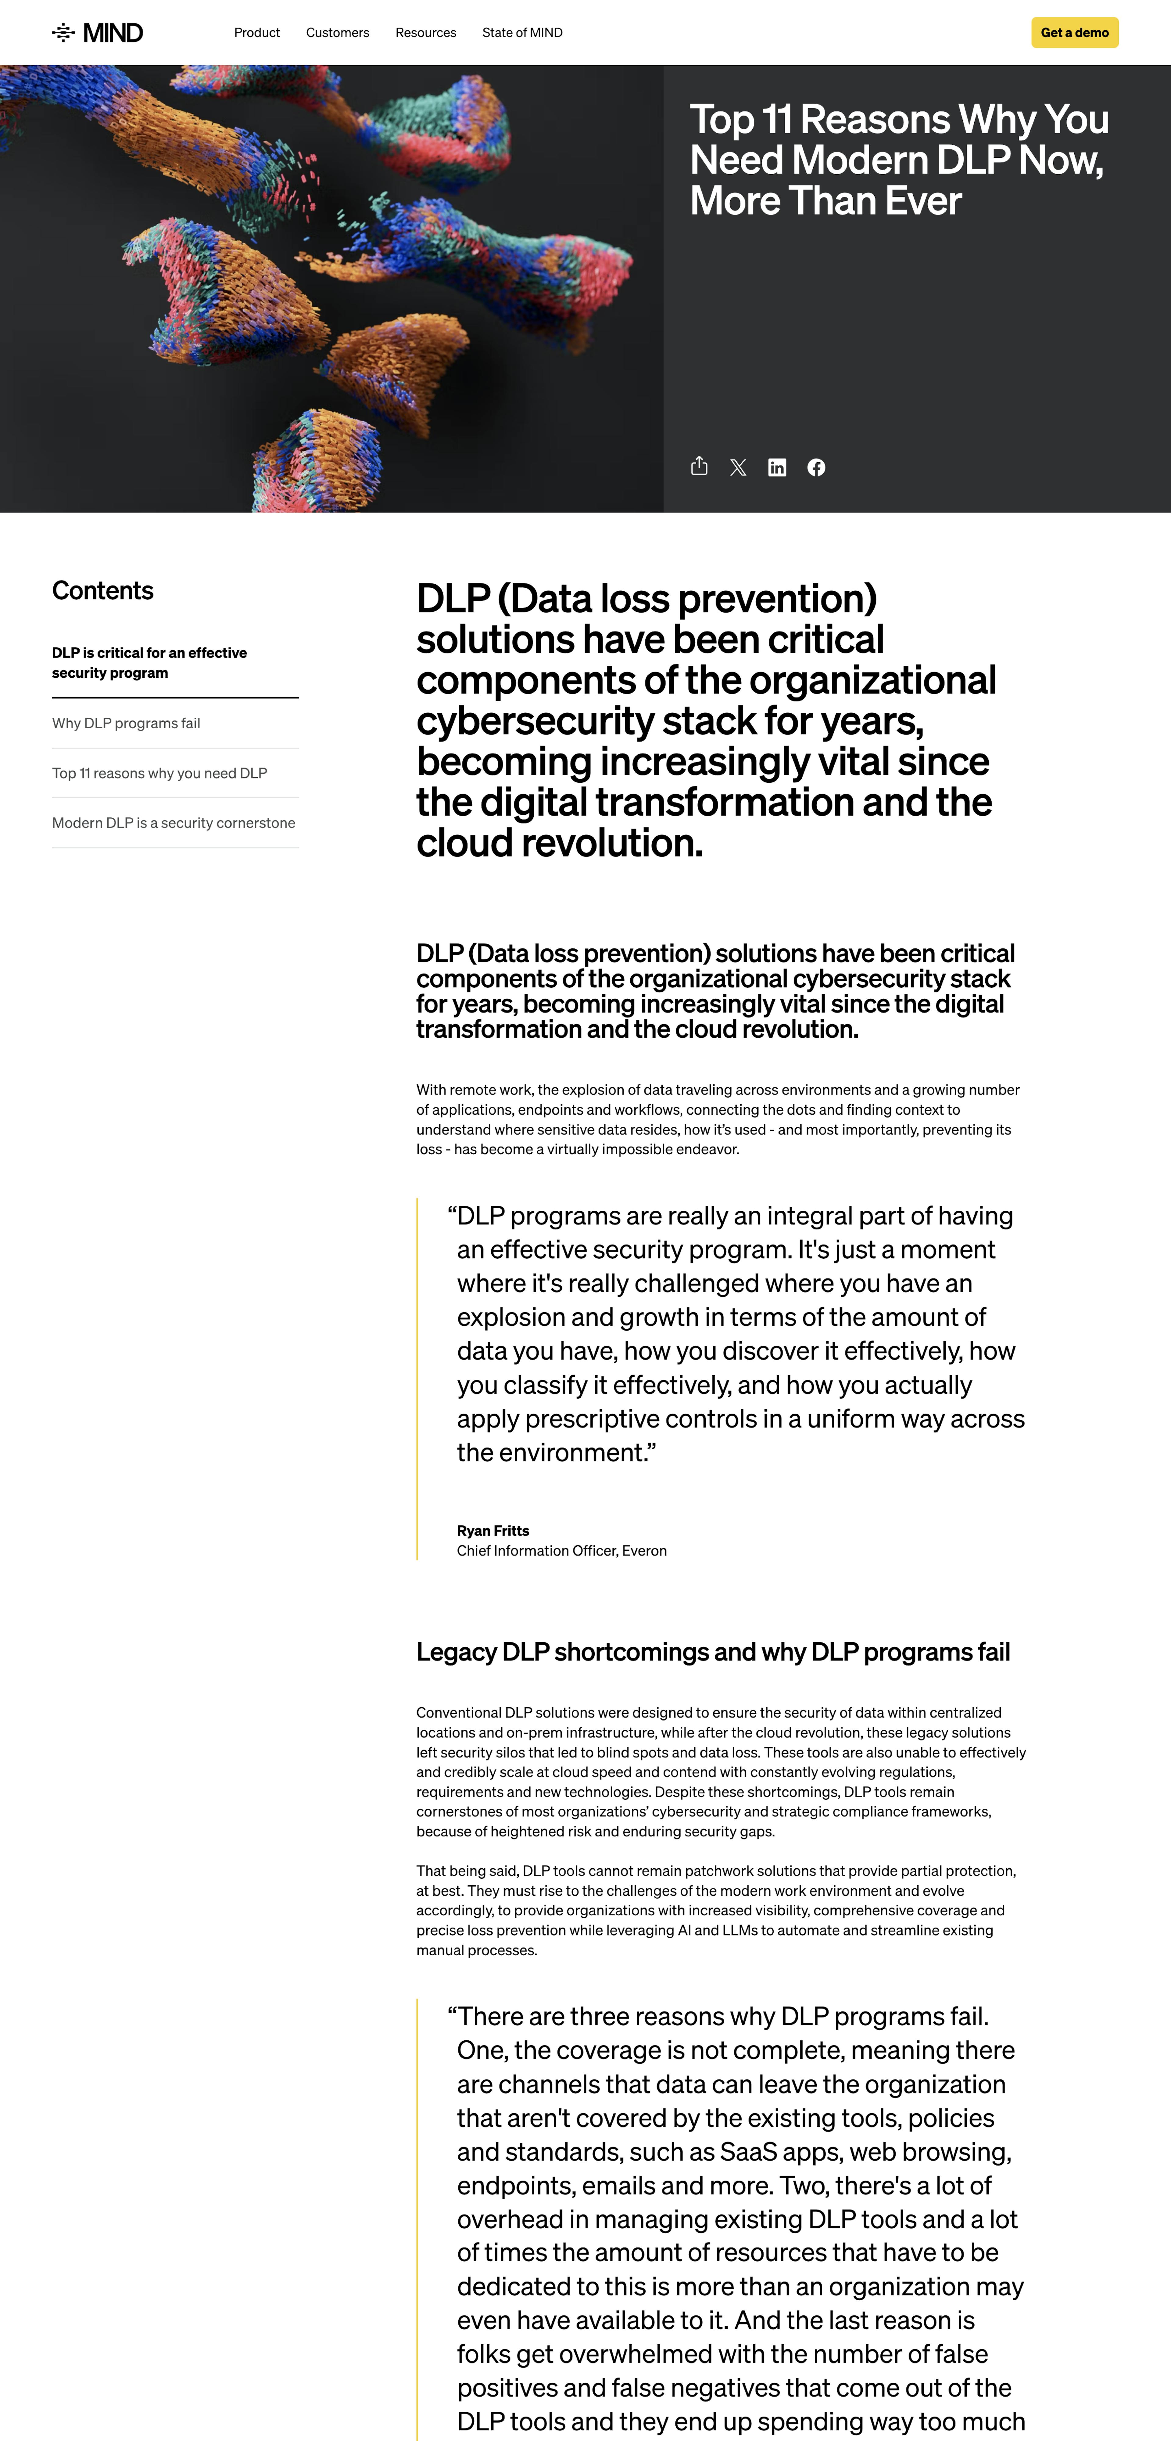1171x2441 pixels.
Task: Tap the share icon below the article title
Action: (x=699, y=466)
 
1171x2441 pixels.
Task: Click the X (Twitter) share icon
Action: (x=738, y=467)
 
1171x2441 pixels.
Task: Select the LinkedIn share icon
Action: (x=777, y=467)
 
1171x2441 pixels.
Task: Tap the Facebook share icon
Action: (x=816, y=467)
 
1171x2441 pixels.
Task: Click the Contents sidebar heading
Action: (x=102, y=590)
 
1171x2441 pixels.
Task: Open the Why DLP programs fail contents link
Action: (x=126, y=723)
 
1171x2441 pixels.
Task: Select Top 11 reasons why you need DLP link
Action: (x=159, y=773)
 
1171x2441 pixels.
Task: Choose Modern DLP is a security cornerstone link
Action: (x=174, y=823)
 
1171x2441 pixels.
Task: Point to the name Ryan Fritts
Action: (x=493, y=1531)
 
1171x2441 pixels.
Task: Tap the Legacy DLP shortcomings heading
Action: (x=712, y=1652)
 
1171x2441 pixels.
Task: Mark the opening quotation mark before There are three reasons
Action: (x=452, y=2016)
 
